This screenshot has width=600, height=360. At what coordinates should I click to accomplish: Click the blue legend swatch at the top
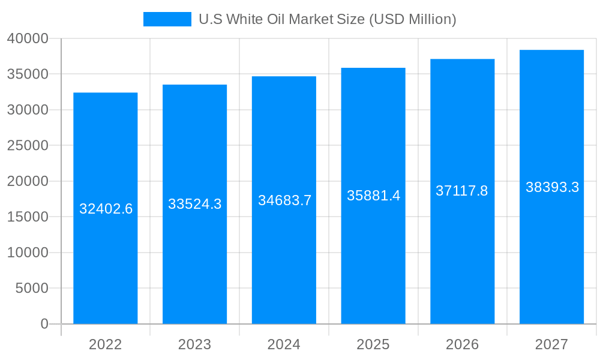point(167,19)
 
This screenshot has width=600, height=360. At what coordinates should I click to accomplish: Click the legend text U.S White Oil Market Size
point(327,19)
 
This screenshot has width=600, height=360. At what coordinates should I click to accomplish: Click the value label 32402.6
point(106,209)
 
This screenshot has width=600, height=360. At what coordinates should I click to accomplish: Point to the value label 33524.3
point(194,204)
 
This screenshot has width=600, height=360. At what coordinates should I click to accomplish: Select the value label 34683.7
point(284,200)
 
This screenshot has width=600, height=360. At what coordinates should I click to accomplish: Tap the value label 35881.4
point(373,196)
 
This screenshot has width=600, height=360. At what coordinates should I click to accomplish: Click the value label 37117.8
point(461,191)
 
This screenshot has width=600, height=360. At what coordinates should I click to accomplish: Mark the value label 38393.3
point(552,187)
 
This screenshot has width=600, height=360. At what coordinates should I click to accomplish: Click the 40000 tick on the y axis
point(28,38)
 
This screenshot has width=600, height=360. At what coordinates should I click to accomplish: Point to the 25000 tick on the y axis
point(28,145)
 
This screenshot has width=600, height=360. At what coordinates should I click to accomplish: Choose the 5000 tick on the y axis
point(31,288)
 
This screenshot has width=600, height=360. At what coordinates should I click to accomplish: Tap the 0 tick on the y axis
point(44,324)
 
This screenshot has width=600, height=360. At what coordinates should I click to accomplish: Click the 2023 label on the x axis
point(194,344)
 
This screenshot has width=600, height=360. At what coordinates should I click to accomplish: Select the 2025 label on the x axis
point(373,344)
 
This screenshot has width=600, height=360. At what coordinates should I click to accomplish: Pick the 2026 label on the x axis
point(462,344)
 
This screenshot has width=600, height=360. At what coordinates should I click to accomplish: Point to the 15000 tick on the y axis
point(28,217)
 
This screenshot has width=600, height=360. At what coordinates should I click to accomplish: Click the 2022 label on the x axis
point(106,344)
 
